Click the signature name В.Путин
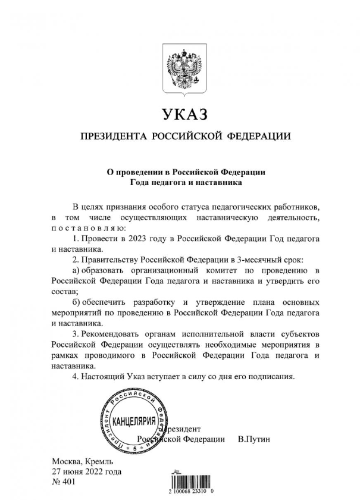(253, 439)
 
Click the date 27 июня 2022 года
(87, 472)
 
